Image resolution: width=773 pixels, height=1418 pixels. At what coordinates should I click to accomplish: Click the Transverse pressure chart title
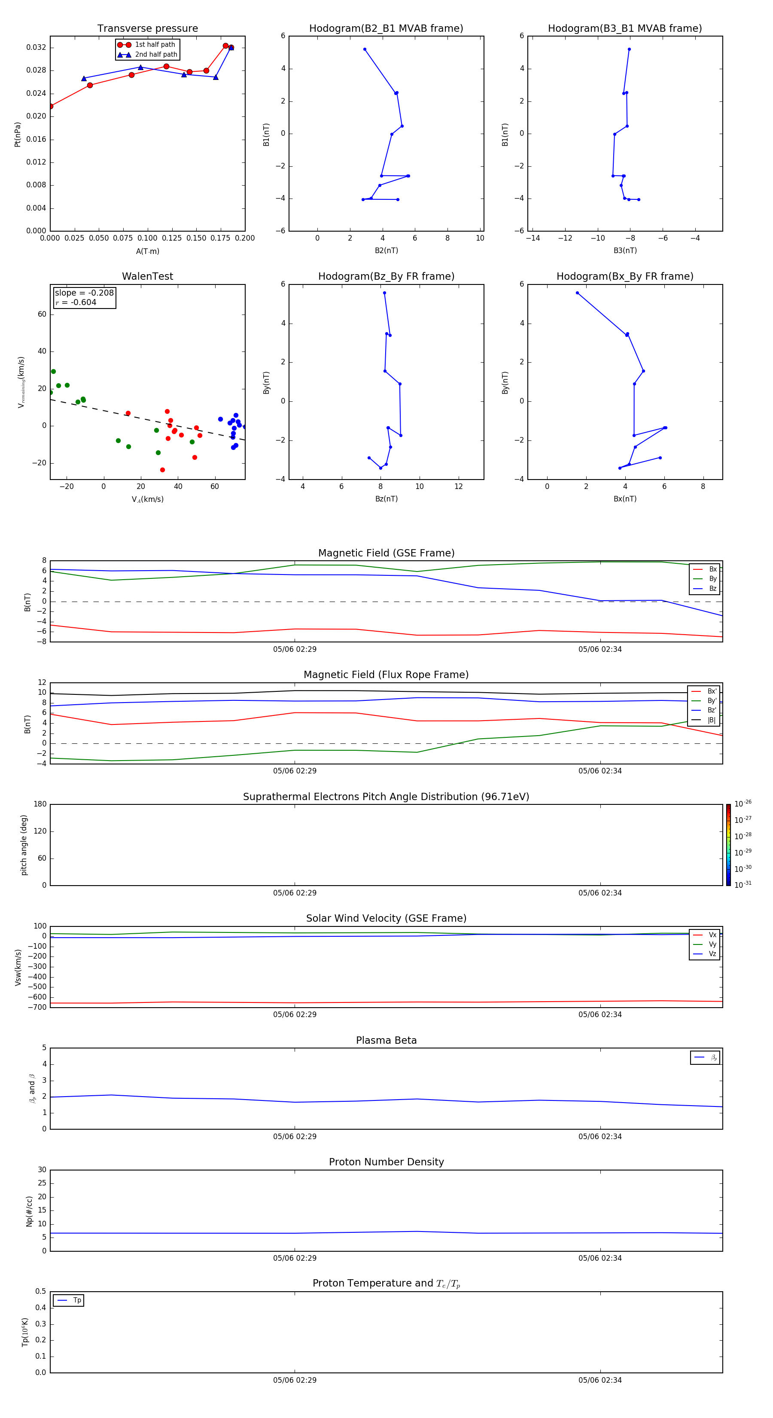coord(147,29)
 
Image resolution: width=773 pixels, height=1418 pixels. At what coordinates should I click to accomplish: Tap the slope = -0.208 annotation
coord(84,293)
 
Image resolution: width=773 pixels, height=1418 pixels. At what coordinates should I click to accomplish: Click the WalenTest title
coord(147,276)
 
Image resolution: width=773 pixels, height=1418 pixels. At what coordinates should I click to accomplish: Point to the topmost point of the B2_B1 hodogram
coord(365,49)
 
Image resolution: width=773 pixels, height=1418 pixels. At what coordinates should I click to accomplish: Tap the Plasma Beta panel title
coord(386,1040)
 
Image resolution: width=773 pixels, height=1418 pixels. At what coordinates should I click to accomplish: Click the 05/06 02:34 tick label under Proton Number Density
coord(600,1258)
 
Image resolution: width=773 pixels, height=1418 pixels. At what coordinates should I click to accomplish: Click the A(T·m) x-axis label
coord(147,251)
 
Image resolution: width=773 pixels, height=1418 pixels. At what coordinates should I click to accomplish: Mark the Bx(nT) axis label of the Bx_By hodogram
coord(625,499)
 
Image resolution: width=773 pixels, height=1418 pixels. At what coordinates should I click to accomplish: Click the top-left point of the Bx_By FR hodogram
coord(577,293)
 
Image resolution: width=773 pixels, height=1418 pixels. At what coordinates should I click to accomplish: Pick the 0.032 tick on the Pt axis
coord(37,47)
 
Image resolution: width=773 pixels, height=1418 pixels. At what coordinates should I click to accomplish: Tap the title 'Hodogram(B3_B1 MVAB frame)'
coord(625,29)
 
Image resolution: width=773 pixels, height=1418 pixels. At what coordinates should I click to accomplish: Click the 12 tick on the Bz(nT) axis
coord(458,486)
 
